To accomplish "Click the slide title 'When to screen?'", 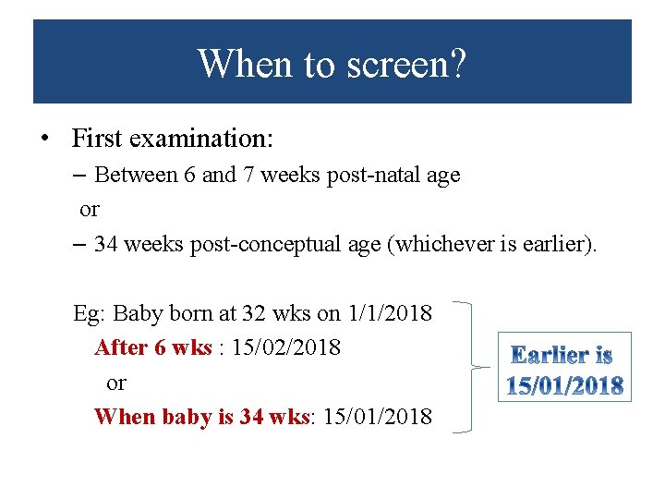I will [x=332, y=64].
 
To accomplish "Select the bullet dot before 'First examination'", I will [x=44, y=140].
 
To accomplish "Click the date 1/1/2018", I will [x=390, y=313].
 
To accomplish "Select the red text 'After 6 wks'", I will [x=153, y=347].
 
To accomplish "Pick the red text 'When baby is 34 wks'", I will [x=201, y=417].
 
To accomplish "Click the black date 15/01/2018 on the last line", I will [x=377, y=417].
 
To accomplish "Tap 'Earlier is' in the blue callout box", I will [x=562, y=355].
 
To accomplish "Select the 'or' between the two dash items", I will [x=89, y=210].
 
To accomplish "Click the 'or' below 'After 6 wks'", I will [x=116, y=383].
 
